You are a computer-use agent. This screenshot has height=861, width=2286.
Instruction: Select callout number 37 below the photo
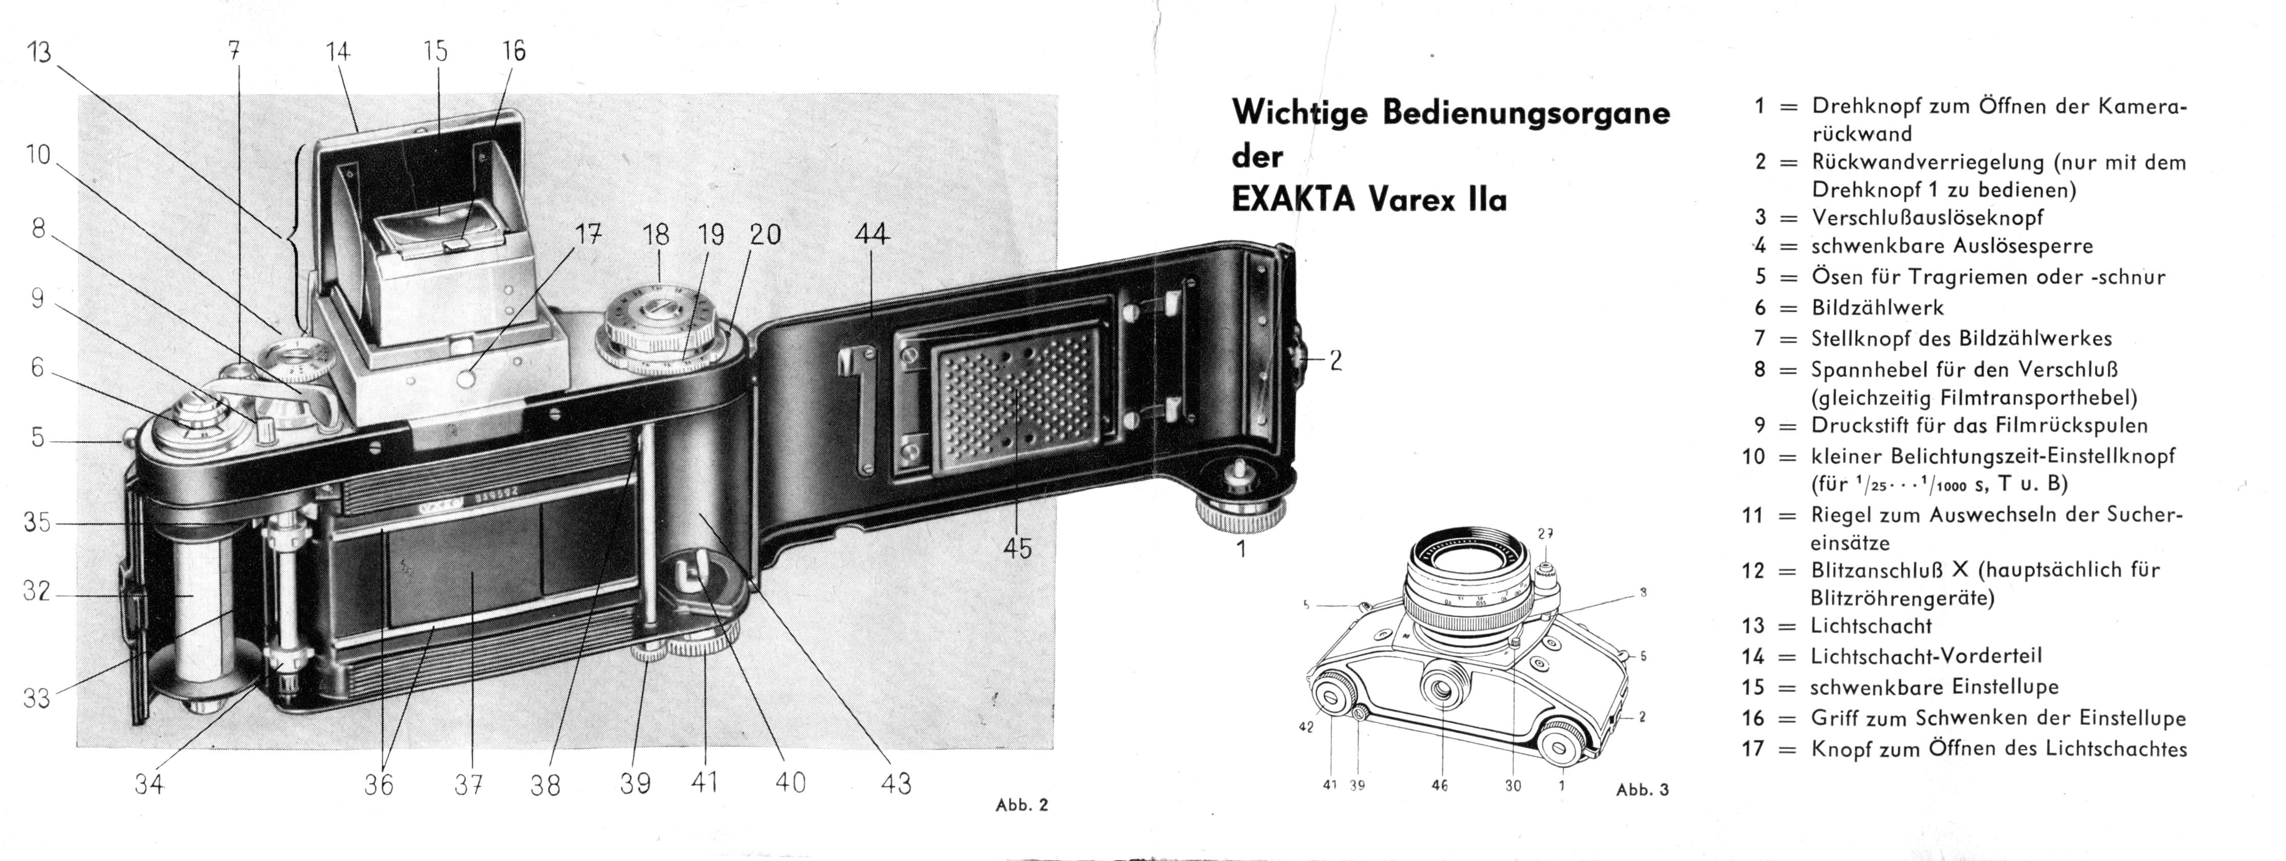point(469,785)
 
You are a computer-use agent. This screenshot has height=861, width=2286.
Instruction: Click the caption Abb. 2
point(1022,805)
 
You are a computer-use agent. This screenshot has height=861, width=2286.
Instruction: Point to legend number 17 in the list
point(1753,748)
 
